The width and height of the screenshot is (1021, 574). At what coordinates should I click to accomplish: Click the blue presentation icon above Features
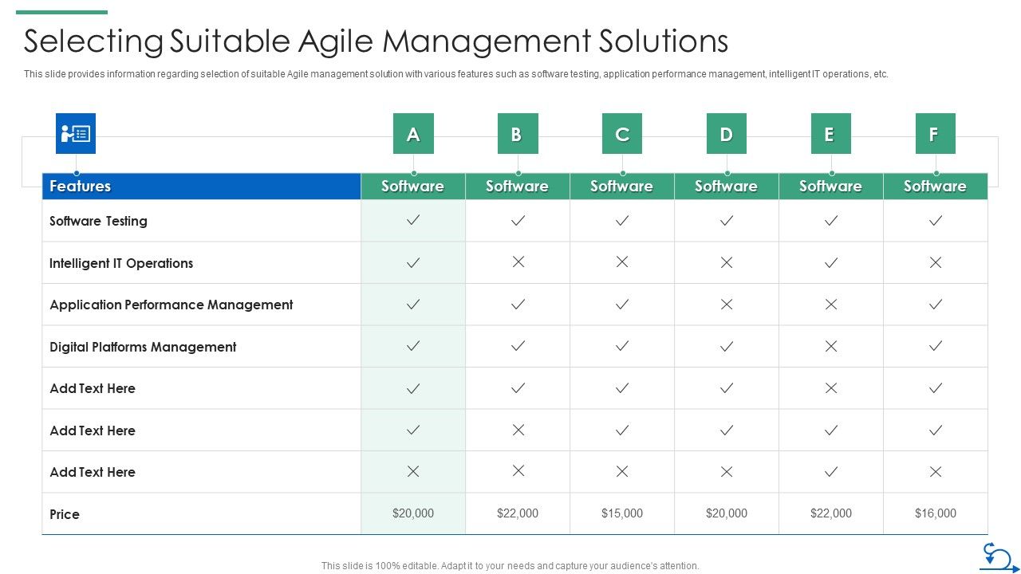click(x=76, y=133)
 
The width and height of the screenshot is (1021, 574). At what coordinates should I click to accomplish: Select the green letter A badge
click(x=413, y=134)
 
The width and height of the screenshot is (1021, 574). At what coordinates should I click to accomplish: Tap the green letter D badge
click(x=726, y=134)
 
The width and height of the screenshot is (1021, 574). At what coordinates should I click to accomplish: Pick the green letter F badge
click(x=935, y=134)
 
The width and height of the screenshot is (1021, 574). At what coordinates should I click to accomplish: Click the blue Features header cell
click(x=201, y=186)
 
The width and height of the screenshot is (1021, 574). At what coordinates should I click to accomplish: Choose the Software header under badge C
click(x=621, y=186)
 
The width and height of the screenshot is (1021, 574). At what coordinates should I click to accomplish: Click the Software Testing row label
click(x=98, y=221)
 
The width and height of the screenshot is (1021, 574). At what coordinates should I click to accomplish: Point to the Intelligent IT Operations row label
click(x=121, y=263)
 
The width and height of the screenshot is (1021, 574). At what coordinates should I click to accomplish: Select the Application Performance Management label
click(x=171, y=305)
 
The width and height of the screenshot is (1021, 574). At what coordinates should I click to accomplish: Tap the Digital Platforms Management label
click(x=143, y=347)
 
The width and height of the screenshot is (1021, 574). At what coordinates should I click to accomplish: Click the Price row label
click(x=65, y=514)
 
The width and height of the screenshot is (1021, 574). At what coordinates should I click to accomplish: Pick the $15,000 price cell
click(x=621, y=513)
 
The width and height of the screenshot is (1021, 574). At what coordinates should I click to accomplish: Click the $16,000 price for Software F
click(x=935, y=513)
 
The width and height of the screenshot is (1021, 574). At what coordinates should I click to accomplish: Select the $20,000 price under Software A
click(x=413, y=513)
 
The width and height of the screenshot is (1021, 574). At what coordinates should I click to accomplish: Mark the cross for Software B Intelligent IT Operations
click(x=518, y=262)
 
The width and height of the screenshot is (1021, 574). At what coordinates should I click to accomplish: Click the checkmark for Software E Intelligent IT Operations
click(x=830, y=262)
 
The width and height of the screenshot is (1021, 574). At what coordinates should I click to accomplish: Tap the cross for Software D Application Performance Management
click(x=726, y=304)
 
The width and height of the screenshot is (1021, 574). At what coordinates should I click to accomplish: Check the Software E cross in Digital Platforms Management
click(x=830, y=346)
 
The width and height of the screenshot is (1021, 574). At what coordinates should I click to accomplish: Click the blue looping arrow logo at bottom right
click(x=999, y=557)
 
